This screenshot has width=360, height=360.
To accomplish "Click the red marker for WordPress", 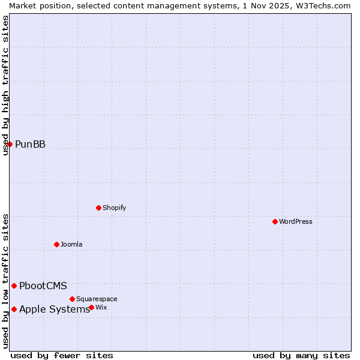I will click(x=275, y=221).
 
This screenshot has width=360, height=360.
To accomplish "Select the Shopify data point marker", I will click(x=98, y=208).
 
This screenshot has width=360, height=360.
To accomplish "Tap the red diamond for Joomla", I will click(x=56, y=244).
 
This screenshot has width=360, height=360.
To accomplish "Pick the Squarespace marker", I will click(x=72, y=299).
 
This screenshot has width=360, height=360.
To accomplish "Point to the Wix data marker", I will click(x=91, y=307).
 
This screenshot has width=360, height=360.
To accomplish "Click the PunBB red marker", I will click(x=10, y=144).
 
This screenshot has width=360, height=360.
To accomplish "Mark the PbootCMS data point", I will click(x=14, y=286).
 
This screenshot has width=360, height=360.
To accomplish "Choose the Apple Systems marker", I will click(x=14, y=309).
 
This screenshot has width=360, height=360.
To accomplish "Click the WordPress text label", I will click(x=296, y=221).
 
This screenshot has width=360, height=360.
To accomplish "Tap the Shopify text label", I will click(x=114, y=208).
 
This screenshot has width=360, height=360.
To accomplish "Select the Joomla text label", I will click(x=71, y=244).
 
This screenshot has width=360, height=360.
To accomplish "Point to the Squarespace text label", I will click(x=97, y=299).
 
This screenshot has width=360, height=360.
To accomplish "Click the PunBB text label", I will click(x=30, y=144).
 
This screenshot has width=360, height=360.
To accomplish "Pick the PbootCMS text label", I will click(x=43, y=286).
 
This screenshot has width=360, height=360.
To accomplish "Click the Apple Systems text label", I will click(x=54, y=309).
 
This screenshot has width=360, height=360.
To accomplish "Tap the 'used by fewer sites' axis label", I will click(x=62, y=355).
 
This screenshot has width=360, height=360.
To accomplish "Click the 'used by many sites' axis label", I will click(x=301, y=355).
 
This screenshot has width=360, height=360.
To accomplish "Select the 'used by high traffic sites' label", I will click(x=5, y=85).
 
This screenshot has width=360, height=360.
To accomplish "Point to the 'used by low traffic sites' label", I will click(x=5, y=281).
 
